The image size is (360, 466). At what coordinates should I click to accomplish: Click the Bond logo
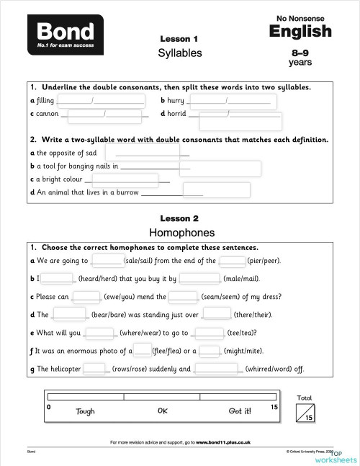click(66, 35)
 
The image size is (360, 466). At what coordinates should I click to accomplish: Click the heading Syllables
click(180, 53)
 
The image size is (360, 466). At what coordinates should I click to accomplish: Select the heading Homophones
click(181, 233)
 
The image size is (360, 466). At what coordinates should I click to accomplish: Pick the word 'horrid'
click(177, 114)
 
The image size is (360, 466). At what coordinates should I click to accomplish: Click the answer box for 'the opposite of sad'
click(142, 153)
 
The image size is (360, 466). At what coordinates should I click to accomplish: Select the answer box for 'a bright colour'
click(125, 180)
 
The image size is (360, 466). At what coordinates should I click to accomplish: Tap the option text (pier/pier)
click(264, 261)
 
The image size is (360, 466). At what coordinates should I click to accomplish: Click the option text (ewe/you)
click(122, 296)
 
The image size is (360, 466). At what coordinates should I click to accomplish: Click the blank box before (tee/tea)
click(210, 333)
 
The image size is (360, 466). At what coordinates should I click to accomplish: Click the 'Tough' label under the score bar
click(85, 411)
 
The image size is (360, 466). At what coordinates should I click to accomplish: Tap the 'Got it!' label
click(240, 411)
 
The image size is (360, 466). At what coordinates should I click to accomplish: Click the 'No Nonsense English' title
click(300, 27)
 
